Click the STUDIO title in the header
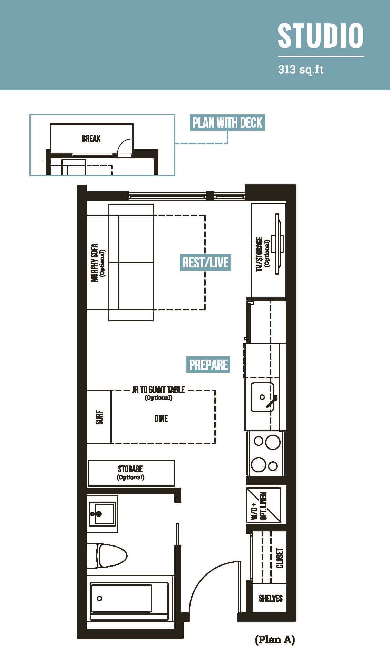pos(321,36)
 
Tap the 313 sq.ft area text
pos(301,70)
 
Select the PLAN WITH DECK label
pos(227,122)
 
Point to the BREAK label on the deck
pos(91,139)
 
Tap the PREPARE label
pos(208,365)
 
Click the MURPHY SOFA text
pos(95,263)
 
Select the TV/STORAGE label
pos(259,254)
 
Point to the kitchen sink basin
pos(262,397)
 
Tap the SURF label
pos(99,417)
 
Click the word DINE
pos(161,419)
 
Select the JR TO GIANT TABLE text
pos(158,390)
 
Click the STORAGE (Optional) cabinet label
pos(130,472)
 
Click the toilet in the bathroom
pos(107,555)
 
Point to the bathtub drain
pos(100,598)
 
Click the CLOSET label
pos(280,558)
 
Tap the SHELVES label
pos(271,598)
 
